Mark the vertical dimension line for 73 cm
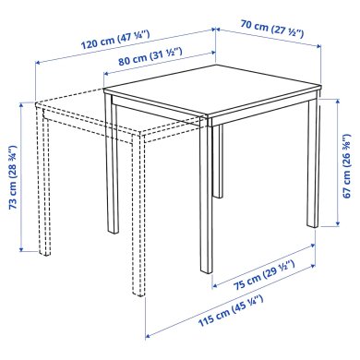tap(22, 175)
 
